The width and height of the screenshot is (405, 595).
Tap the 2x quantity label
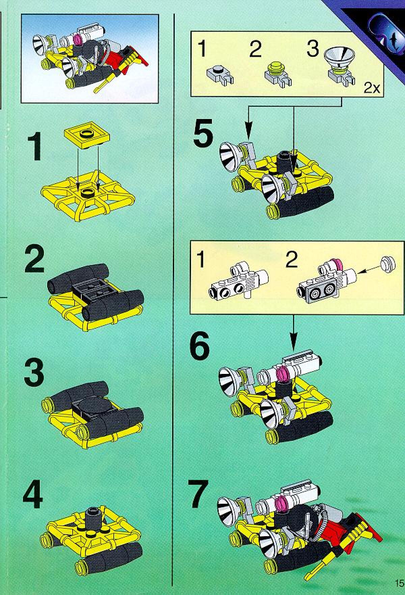pos(372,89)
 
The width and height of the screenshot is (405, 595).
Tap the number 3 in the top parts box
pos(313,48)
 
